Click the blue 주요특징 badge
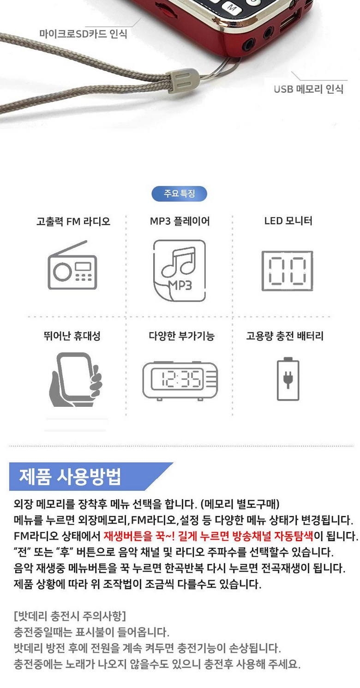click(179, 193)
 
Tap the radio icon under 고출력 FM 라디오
click(72, 265)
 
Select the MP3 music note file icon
click(180, 271)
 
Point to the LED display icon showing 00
click(287, 271)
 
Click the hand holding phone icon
click(75, 380)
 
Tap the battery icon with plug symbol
click(288, 379)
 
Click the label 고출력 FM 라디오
click(73, 221)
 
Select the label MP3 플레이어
click(180, 221)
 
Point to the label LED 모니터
click(288, 221)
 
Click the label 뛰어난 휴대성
click(72, 336)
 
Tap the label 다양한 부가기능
click(181, 336)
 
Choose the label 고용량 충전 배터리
click(285, 336)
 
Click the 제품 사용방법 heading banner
click(91, 477)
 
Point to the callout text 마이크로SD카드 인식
click(83, 34)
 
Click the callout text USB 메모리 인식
click(308, 89)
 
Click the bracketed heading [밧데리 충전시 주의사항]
click(70, 616)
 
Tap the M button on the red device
click(232, 7)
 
